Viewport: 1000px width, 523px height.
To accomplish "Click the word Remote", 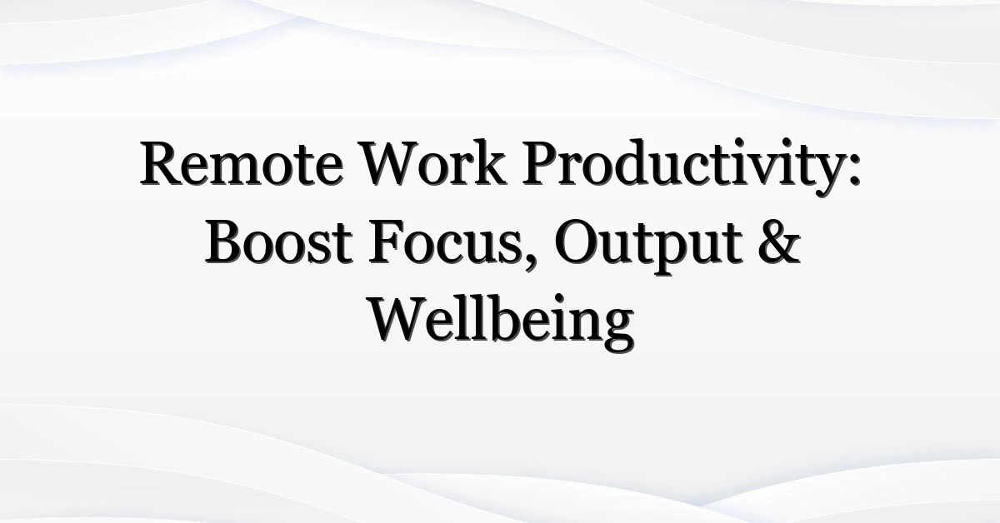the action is point(242,163).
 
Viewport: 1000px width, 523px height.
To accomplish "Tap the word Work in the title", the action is point(434,163).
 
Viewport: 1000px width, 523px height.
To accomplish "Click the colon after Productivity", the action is point(854,171).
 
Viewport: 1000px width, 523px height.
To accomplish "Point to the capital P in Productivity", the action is point(542,163).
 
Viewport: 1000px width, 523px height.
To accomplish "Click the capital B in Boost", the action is point(225,242).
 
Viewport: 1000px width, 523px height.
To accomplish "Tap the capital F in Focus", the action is point(387,242).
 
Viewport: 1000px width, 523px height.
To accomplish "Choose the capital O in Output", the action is point(577,242).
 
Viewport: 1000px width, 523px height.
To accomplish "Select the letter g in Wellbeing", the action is point(618,332).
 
